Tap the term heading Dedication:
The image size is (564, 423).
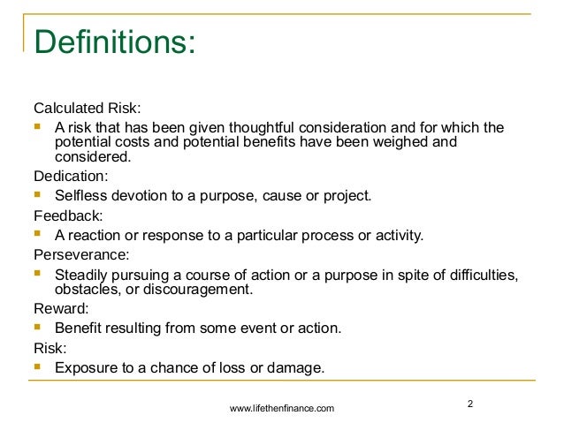[71, 176]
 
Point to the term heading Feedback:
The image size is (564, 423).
[67, 215]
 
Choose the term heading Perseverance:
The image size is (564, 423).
[80, 253]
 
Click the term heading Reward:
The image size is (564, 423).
[60, 309]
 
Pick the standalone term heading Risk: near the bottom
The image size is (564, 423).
[50, 348]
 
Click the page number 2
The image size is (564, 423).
[470, 404]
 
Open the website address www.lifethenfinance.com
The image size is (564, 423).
[282, 408]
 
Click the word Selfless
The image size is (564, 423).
[82, 195]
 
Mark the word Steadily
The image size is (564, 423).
[84, 274]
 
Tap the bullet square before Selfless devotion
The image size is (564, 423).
[38, 194]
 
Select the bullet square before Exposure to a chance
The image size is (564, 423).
[38, 366]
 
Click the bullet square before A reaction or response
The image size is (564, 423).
[38, 234]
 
